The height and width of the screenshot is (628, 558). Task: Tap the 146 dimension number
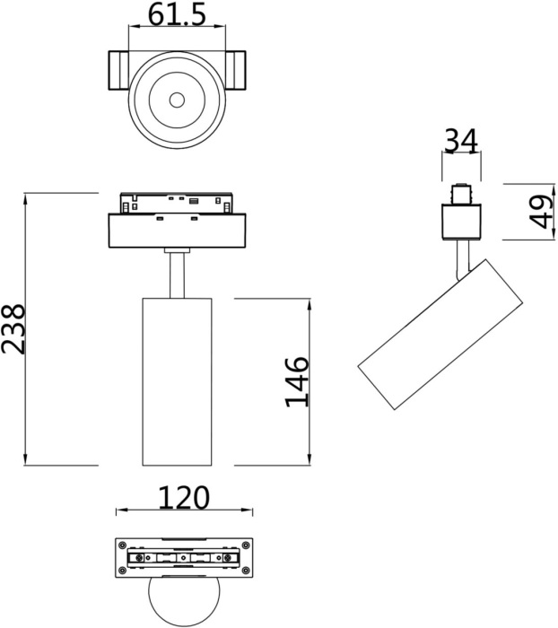click(x=297, y=381)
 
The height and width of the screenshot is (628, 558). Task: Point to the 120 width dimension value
click(x=183, y=497)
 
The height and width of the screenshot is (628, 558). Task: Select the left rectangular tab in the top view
click(x=118, y=71)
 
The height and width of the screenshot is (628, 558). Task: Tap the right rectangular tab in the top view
click(x=236, y=71)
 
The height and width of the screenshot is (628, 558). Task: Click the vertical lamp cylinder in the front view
click(x=177, y=381)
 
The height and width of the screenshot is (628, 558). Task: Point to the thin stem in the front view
click(x=177, y=274)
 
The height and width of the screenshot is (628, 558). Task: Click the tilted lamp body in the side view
click(x=440, y=336)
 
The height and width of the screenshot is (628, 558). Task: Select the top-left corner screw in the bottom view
click(x=121, y=544)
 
